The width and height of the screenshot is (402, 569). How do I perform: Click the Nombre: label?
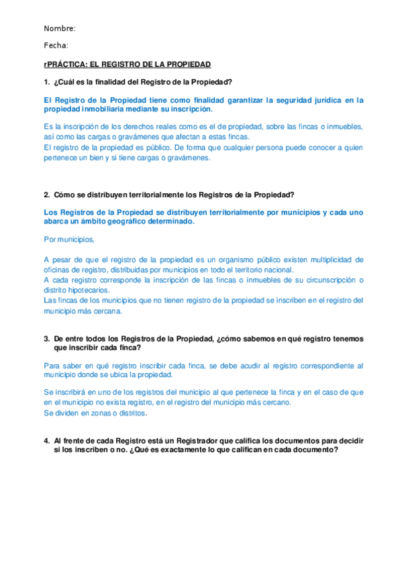click(60, 28)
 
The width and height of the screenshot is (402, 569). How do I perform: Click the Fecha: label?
click(56, 46)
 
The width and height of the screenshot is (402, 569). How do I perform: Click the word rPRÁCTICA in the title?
click(65, 64)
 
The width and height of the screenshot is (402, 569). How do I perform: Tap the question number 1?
click(46, 82)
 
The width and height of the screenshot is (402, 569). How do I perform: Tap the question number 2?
click(46, 195)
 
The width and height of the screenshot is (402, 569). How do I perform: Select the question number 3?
click(46, 339)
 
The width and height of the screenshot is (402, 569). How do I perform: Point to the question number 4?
click(46, 441)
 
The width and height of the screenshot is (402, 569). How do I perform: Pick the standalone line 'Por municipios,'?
click(69, 239)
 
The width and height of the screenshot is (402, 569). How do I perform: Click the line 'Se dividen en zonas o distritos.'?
click(95, 413)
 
